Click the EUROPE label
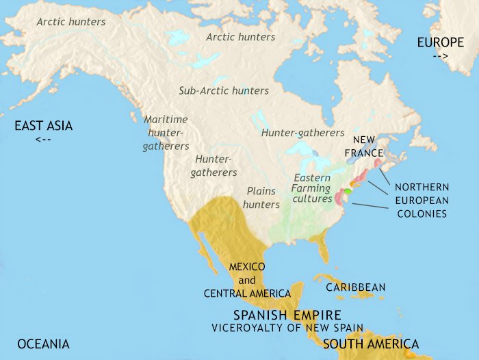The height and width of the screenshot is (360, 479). click(x=441, y=43)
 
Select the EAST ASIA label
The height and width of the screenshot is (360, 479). click(x=44, y=126)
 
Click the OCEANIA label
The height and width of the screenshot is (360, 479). click(x=44, y=344)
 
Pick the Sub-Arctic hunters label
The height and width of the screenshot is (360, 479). click(x=224, y=90)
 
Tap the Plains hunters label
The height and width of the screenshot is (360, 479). click(x=261, y=198)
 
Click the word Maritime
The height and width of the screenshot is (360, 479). click(x=166, y=119)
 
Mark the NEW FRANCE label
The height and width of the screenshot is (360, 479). click(x=363, y=145)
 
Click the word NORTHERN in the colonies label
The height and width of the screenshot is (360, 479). click(x=421, y=187)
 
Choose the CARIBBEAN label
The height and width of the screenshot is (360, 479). click(x=356, y=287)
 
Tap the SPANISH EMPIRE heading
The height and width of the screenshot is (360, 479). click(x=287, y=316)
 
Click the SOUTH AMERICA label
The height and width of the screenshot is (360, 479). click(x=371, y=344)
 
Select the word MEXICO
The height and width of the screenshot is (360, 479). click(x=247, y=266)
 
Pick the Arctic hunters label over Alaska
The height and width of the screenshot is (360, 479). click(x=71, y=22)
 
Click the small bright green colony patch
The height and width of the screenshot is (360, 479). click(x=347, y=191)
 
